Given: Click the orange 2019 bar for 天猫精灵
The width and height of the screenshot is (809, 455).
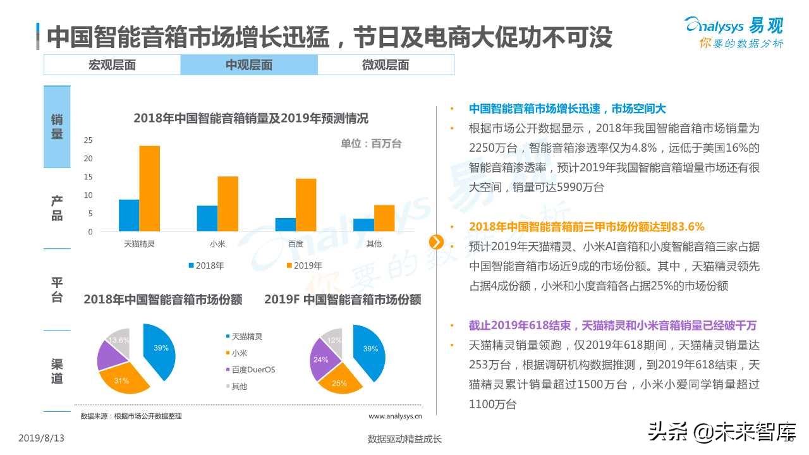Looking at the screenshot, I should click(149, 188).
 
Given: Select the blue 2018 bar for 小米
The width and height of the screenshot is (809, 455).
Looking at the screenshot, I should click(207, 219).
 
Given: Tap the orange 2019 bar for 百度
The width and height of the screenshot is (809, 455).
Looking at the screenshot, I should click(306, 205).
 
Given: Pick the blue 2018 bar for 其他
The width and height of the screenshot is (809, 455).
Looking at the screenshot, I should click(363, 225).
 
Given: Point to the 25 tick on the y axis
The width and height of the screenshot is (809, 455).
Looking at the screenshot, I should click(88, 140).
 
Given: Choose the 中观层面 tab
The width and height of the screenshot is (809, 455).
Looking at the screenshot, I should click(249, 65).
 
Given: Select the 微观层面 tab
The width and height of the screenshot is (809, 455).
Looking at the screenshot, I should click(386, 65).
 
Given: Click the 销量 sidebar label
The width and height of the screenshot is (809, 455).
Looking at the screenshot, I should click(57, 126).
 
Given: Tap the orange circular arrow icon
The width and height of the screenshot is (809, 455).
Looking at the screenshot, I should click(436, 242).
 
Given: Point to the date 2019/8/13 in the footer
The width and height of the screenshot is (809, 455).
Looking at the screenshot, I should click(42, 438).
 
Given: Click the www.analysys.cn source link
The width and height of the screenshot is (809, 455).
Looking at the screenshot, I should click(395, 416).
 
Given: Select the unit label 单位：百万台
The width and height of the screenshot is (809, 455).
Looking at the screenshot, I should click(371, 144).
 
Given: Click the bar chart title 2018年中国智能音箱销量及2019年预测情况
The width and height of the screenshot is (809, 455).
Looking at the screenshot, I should click(251, 118).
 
